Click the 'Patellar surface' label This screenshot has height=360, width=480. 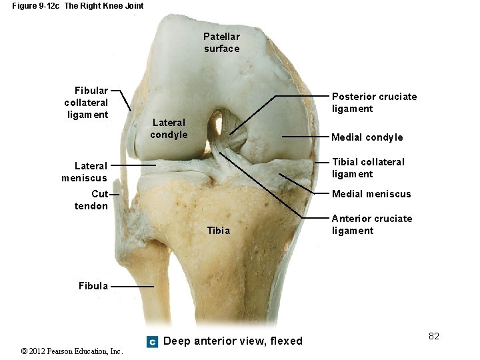[221, 43]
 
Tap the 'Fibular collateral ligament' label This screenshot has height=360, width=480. [86, 103]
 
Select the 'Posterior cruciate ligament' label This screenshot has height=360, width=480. [374, 103]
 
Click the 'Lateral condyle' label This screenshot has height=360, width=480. [169, 129]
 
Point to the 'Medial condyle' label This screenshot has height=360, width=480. [367, 137]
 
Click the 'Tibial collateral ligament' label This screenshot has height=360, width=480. [368, 168]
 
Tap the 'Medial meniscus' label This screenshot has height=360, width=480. [371, 194]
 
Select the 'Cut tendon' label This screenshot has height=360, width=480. [91, 200]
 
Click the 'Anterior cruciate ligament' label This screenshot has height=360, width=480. [372, 225]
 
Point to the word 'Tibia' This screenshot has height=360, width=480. [219, 231]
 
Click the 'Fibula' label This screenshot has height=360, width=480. [93, 286]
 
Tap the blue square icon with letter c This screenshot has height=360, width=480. [152, 342]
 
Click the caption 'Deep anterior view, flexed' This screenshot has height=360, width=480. [233, 341]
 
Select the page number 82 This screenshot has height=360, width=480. [434, 336]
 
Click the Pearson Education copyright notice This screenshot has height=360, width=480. [72, 351]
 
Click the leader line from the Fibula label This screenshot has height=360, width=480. [132, 287]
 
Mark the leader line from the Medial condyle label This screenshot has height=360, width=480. [305, 137]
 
